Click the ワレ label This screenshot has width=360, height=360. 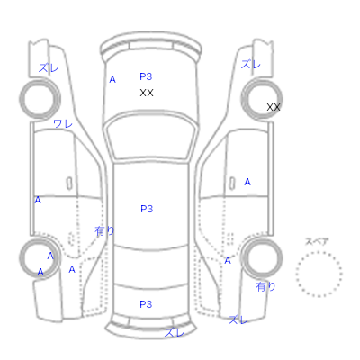coord(63,123)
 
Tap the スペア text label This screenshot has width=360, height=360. coord(317,241)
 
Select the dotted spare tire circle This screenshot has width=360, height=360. coord(319,274)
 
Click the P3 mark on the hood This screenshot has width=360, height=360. coord(146,76)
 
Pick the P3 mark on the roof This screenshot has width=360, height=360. coord(147,209)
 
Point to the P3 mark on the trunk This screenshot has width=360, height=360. coord(146,304)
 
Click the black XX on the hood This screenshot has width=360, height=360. coord(147,93)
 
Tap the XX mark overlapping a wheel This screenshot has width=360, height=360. coord(274,107)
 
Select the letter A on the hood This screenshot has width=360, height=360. coord(112,79)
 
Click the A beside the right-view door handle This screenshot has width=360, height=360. coord(247,182)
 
